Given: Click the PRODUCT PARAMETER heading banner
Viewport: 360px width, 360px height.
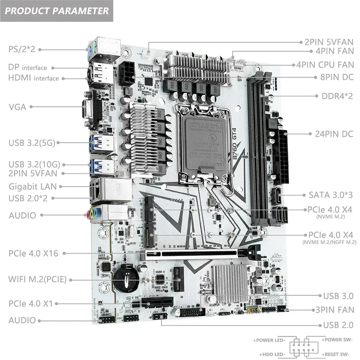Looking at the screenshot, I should tap(57, 10).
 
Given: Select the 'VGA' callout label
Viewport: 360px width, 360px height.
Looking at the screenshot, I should tap(18, 107).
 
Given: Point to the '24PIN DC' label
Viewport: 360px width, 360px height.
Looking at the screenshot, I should tap(334, 134).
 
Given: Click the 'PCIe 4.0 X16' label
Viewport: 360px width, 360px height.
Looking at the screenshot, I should tap(33, 253).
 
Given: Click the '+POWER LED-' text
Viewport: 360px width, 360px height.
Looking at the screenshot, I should tap(269, 340).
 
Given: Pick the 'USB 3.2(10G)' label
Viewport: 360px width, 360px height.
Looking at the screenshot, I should tap(34, 165).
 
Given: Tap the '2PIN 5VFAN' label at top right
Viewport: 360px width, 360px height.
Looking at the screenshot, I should tap(329, 42).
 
